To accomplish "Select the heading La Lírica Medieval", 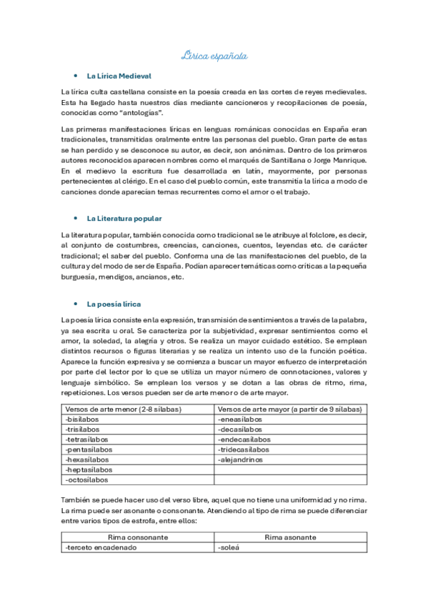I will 119,76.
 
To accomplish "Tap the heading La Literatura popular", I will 124,218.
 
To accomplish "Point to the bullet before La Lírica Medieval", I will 75,76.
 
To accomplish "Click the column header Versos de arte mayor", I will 290,409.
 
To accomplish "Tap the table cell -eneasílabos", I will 240,419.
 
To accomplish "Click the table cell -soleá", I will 227,547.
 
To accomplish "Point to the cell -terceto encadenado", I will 100,547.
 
